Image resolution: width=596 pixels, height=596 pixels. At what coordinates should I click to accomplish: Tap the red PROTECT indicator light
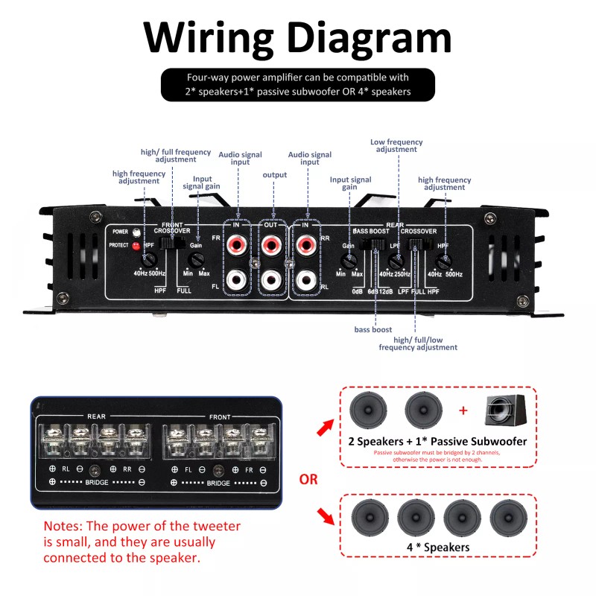[x=136, y=245]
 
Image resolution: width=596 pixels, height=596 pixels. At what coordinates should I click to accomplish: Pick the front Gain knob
[x=196, y=260]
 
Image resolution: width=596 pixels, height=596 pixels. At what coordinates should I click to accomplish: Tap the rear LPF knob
[x=397, y=261]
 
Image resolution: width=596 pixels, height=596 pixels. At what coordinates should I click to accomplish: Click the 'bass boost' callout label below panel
[x=372, y=329]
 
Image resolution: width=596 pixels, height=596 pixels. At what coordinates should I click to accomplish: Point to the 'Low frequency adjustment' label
[x=396, y=145]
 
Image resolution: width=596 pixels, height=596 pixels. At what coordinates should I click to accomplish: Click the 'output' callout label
[x=274, y=175]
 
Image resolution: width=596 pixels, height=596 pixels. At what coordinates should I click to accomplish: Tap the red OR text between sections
[x=308, y=478]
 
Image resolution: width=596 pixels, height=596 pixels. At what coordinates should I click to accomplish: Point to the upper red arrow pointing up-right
[x=326, y=427]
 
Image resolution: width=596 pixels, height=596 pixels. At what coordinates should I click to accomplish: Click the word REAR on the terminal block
[x=96, y=416]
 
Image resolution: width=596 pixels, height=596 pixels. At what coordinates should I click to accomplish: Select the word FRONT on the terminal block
[x=219, y=416]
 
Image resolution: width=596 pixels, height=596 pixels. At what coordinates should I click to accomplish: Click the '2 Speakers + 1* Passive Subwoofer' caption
[x=437, y=441]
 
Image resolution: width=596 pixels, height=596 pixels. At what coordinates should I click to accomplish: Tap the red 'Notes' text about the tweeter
[x=142, y=542]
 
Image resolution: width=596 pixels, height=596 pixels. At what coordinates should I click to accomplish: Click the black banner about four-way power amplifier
[x=297, y=85]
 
